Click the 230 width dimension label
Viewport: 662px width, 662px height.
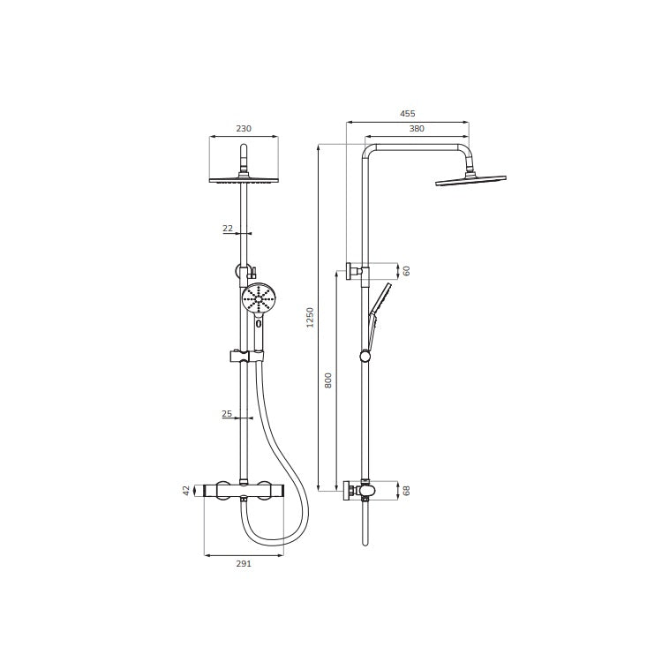point(244,128)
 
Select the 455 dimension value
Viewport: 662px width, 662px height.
point(408,114)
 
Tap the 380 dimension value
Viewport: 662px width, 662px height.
point(417,129)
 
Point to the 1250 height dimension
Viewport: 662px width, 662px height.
point(311,318)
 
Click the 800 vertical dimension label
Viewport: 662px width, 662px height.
point(328,380)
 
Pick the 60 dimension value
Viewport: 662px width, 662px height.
point(406,271)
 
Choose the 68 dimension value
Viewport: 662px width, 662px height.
point(406,491)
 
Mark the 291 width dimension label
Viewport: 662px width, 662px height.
point(244,563)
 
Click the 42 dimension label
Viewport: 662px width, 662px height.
point(186,491)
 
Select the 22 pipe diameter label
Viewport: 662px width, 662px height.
point(228,229)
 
